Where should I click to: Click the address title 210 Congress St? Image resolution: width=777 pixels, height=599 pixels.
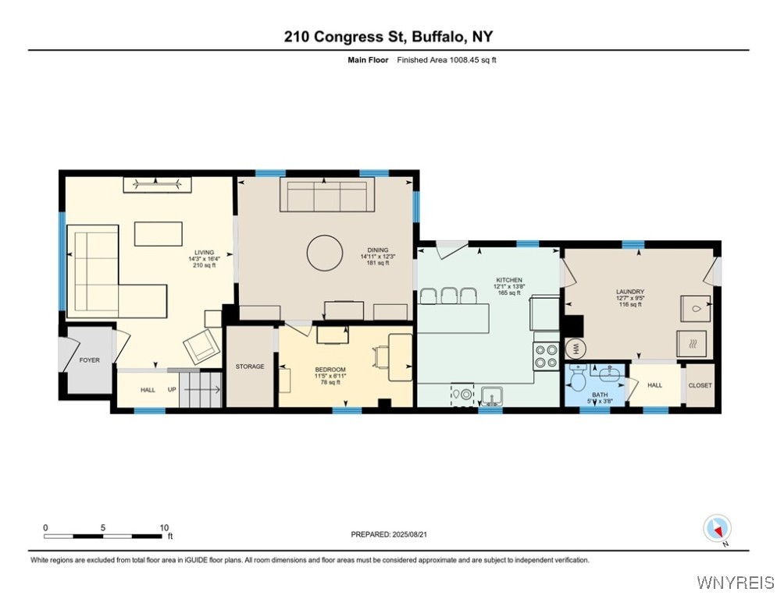click(388, 37)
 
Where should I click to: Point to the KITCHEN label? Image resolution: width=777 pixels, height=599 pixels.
click(509, 280)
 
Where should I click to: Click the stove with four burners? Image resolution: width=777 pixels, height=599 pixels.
click(546, 355)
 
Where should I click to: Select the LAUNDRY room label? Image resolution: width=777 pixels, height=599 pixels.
click(629, 292)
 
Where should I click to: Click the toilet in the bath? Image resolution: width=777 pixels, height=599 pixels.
click(579, 379)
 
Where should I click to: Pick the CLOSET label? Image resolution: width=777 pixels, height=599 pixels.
click(700, 385)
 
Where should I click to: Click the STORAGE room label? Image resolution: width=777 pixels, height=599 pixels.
click(251, 367)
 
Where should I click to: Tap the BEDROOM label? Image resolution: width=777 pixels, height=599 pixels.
click(330, 369)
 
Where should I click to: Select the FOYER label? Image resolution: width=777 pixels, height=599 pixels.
click(91, 360)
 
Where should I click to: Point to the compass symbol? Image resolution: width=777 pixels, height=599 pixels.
click(715, 528)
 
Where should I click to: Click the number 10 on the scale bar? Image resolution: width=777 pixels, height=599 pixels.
click(163, 527)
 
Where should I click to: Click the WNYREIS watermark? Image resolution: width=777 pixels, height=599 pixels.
click(736, 583)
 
